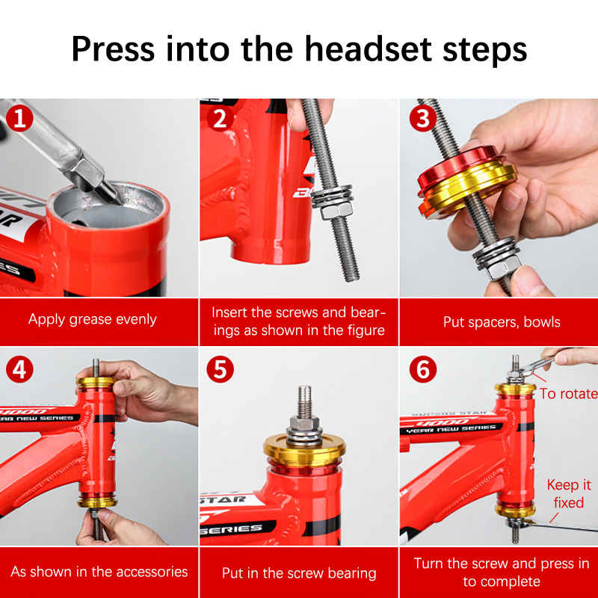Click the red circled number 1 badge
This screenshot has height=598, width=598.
coord(19,118)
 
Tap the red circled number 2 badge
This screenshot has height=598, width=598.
coord(220,118)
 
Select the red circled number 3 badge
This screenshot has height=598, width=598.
coord(423,118)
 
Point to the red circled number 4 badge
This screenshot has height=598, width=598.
coord(19,369)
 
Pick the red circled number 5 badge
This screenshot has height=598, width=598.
coord(220,369)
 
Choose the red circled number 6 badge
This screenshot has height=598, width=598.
coord(423,369)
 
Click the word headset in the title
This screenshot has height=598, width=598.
coord(368,49)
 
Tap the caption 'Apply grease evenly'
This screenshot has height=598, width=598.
coord(92,319)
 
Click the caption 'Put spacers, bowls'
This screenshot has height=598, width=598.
coord(502,322)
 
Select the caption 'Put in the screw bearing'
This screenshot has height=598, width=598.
coord(299,573)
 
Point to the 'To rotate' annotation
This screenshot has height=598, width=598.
coord(568,394)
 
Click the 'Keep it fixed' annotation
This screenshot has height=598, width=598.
coord(569,494)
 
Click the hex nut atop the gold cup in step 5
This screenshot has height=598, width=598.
coord(304,422)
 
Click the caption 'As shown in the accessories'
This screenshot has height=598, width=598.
coord(99,572)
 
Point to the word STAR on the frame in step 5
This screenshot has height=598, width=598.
coord(223,499)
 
